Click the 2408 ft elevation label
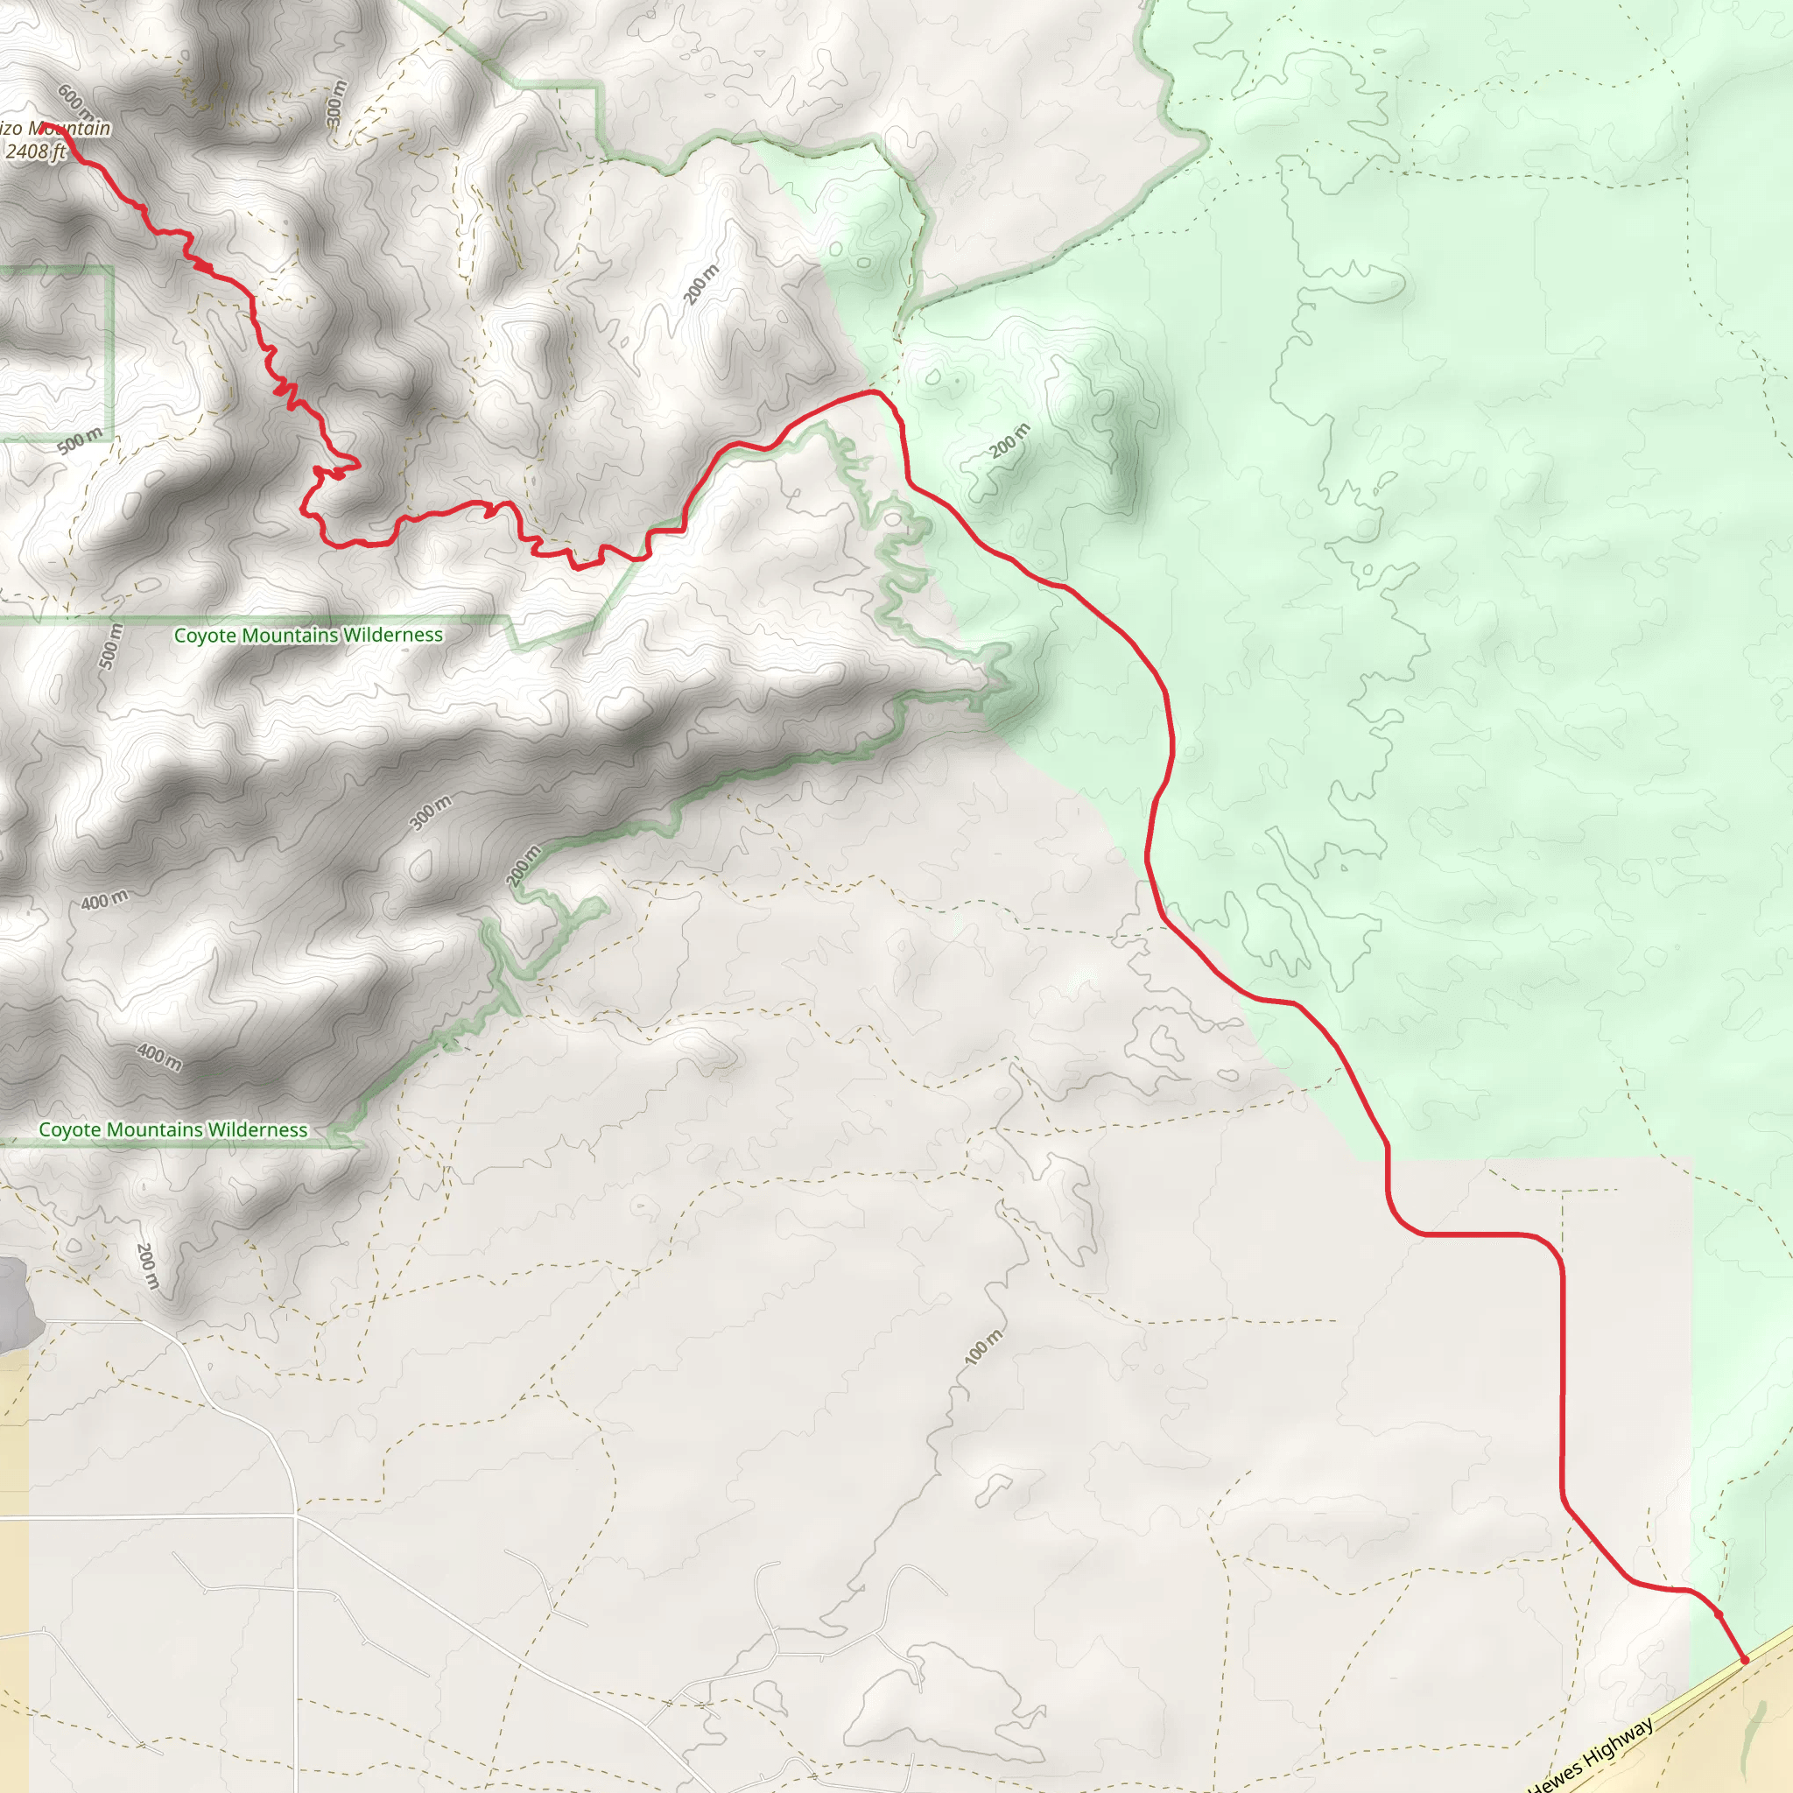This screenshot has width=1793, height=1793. point(35,151)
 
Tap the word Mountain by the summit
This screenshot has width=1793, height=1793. point(70,128)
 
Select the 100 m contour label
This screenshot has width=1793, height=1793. point(984,1347)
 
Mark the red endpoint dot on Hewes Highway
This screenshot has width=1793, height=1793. point(1744,1660)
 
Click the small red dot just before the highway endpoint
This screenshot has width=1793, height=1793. point(1719,1614)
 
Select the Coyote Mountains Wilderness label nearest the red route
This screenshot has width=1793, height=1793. point(308,635)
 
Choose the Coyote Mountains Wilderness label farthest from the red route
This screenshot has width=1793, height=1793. point(172,1129)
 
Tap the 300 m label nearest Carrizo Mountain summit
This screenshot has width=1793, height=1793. point(336,103)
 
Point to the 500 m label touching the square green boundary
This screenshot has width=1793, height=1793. point(80,441)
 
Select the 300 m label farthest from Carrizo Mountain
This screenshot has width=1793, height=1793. point(431,813)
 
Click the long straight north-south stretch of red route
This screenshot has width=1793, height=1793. point(1563,1392)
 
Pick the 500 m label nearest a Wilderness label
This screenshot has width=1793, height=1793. point(110,646)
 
